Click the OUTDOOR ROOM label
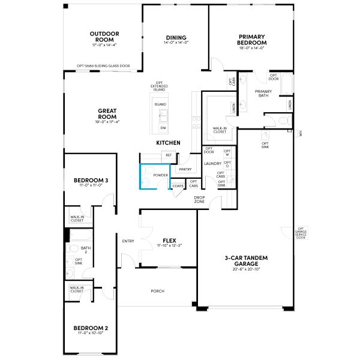[104, 37]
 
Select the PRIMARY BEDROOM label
[252, 39]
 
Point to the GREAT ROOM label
[106, 113]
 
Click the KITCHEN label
[168, 143]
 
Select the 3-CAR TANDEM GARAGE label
[246, 261]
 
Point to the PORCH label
[157, 291]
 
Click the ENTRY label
[128, 241]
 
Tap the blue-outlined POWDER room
[155, 176]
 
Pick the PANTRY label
[185, 169]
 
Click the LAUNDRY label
[213, 163]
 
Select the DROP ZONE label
[199, 199]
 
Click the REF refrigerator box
[169, 155]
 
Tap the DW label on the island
[163, 128]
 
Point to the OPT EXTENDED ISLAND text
[159, 86]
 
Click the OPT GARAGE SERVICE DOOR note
[301, 233]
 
